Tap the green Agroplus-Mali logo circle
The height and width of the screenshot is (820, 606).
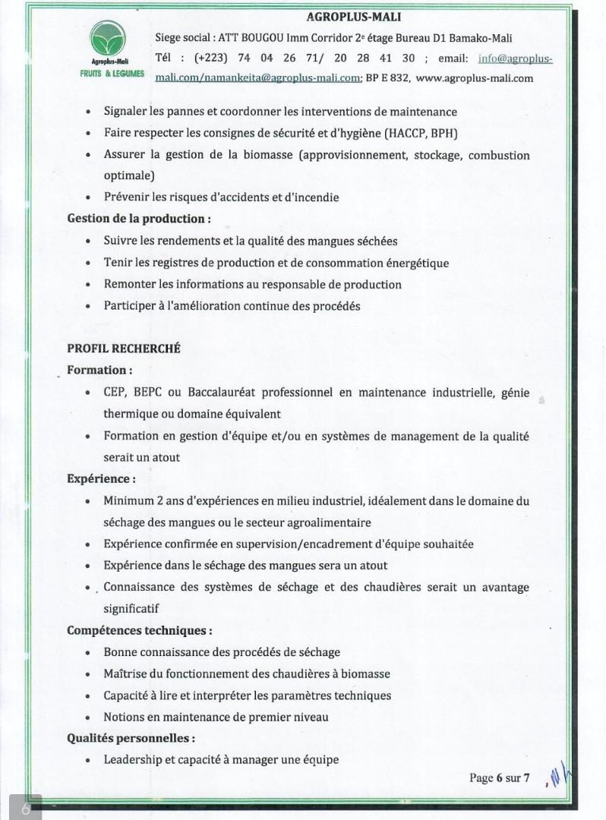(108, 39)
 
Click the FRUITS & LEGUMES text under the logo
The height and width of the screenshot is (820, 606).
(112, 74)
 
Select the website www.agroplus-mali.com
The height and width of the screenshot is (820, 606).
(475, 77)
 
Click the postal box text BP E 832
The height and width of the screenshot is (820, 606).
(388, 77)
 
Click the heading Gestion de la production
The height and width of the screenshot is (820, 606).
(138, 219)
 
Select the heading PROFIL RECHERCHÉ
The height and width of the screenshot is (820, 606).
(123, 348)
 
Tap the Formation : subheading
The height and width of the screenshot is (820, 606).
(99, 371)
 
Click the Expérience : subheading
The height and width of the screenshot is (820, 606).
(102, 479)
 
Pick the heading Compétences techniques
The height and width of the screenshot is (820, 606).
(139, 631)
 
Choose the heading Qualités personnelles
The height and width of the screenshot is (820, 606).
(131, 738)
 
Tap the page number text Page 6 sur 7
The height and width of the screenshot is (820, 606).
(499, 778)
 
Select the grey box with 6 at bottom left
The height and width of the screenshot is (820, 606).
(25, 808)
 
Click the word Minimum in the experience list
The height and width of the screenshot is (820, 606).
(129, 501)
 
